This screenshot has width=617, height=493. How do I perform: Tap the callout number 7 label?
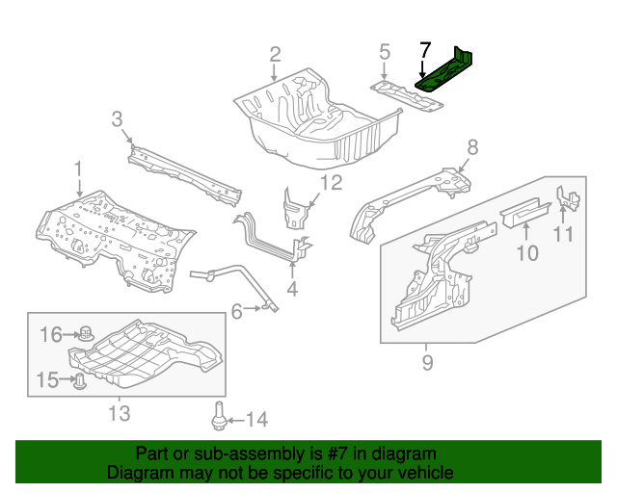[x=425, y=50]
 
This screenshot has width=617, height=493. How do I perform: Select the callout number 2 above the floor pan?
[x=275, y=54]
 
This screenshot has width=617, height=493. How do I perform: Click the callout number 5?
[x=384, y=52]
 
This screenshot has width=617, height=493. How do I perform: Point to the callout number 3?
[x=117, y=119]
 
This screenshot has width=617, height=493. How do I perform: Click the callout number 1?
[x=78, y=169]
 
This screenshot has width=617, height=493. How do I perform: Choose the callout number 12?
[x=331, y=183]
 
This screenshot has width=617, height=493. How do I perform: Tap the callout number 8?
[x=472, y=147]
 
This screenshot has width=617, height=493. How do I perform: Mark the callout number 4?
[x=292, y=287]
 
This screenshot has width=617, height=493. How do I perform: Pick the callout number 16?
[x=51, y=334]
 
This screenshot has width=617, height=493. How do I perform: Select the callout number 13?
[x=118, y=414]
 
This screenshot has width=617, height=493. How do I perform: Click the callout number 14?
[x=255, y=419]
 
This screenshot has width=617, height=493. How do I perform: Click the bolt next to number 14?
[x=219, y=418]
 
